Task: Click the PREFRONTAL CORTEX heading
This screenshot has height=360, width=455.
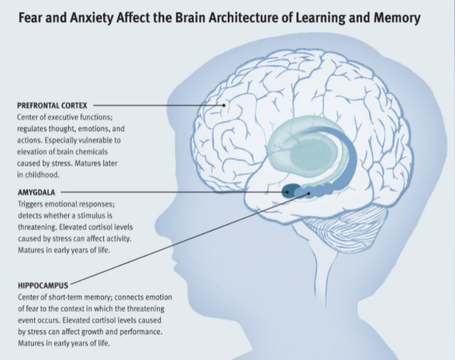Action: pos(52,105)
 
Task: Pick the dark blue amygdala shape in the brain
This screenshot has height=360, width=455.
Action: pos(288,190)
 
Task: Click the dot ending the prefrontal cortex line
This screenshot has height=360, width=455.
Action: pos(224,106)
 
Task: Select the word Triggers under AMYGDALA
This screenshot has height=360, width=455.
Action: pos(30,206)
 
